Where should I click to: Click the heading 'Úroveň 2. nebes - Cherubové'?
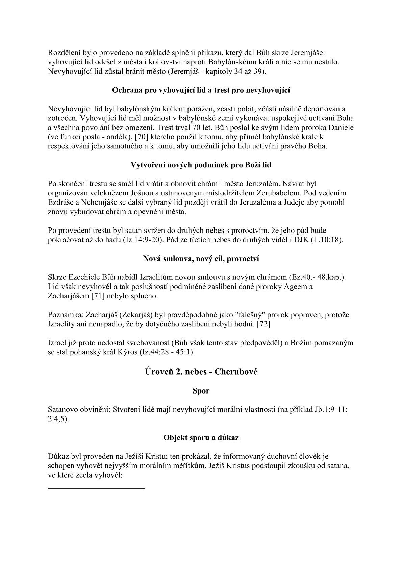(x=201, y=371)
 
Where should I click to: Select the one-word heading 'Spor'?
(x=201, y=391)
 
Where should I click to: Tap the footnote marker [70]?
(x=142, y=138)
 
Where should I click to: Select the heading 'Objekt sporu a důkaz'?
(x=201, y=438)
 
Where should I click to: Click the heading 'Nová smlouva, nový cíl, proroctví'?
(x=201, y=259)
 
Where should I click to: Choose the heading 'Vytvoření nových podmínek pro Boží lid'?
(x=201, y=165)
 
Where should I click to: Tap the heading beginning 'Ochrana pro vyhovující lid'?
(x=201, y=90)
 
